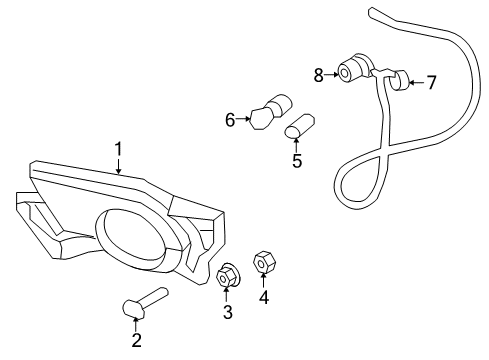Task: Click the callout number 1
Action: [118, 150]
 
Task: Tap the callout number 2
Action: [136, 341]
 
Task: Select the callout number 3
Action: [227, 313]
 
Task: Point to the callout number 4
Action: [264, 296]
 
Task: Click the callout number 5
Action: [296, 159]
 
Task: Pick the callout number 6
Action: [230, 120]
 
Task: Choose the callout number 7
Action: [431, 82]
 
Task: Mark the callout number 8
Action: [318, 73]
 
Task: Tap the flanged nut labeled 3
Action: [227, 276]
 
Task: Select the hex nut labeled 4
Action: [264, 262]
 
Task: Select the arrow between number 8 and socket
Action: [331, 73]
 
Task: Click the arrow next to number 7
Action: [417, 82]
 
